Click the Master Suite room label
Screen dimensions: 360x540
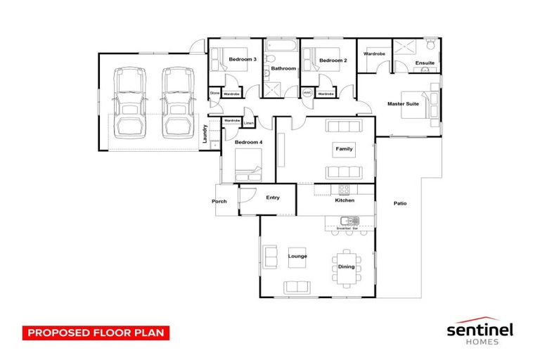pos(403,104)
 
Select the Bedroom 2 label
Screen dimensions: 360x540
pos(333,60)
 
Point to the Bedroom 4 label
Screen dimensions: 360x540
pos(247,143)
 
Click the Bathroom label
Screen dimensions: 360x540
pos(283,69)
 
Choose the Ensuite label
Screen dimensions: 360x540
pos(425,63)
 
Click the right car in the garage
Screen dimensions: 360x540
pos(174,101)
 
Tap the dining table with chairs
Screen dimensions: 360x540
pos(347,266)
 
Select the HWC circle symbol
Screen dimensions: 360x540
pos(307,93)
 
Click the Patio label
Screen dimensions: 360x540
pos(399,204)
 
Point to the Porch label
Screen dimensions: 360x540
pos(219,202)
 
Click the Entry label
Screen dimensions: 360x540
pos(273,198)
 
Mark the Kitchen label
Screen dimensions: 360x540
pos(345,201)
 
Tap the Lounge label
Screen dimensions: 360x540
pos(297,256)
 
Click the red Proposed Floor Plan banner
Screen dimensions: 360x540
pos(96,333)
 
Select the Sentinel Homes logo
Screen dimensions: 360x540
pos(480,331)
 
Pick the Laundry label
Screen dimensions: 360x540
pos(205,133)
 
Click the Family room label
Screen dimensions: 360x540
pos(344,149)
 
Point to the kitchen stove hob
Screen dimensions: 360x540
pos(345,189)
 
